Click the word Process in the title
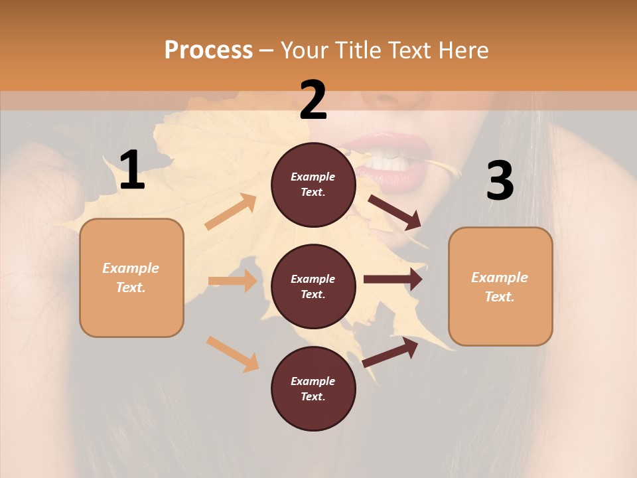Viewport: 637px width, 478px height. point(208,50)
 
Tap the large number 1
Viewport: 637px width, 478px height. point(132,171)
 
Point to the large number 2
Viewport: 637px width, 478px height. point(313,100)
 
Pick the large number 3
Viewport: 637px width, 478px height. point(500,181)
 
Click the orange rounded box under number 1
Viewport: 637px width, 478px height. point(131,278)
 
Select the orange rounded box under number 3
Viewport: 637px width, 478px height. point(500,286)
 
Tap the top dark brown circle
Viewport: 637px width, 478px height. point(313,185)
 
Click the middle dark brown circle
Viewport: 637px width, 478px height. point(313,286)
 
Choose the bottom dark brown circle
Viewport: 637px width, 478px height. point(313,388)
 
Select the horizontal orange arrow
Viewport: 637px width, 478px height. point(232,281)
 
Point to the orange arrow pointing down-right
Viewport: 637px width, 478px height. point(232,353)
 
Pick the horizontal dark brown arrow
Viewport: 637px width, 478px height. point(393,279)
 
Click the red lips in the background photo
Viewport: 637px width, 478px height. point(391,176)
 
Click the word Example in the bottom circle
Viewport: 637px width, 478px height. point(313,381)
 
